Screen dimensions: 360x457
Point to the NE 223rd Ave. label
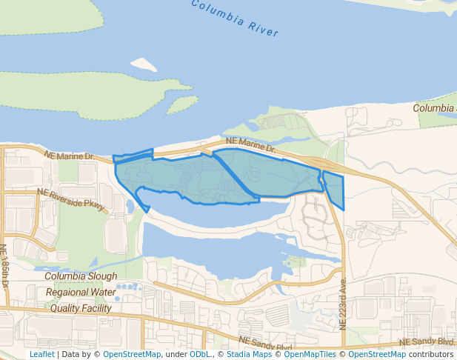(x=343, y=304)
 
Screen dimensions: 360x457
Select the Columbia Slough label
(x=81, y=276)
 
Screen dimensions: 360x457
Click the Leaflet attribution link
(x=41, y=354)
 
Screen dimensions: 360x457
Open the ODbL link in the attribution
(x=200, y=354)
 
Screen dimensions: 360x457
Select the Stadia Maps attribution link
(x=248, y=354)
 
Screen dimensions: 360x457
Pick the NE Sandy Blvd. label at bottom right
(x=426, y=341)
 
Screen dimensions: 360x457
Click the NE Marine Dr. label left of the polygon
(x=69, y=156)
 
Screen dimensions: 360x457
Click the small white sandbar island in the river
(x=144, y=65)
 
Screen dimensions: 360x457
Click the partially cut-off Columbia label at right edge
(x=435, y=108)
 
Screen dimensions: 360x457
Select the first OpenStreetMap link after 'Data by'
(x=132, y=354)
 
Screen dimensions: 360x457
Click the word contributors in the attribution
(x=430, y=354)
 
